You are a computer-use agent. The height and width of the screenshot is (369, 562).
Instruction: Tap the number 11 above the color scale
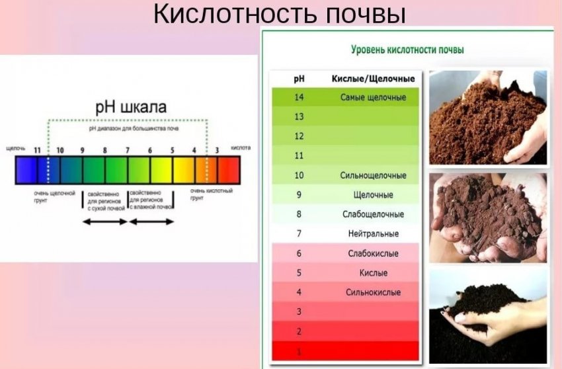tap(38, 151)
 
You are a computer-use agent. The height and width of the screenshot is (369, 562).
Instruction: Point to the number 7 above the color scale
tap(128, 151)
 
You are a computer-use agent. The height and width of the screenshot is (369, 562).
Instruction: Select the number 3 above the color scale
tap(216, 151)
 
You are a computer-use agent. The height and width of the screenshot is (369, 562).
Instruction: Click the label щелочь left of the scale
tap(15, 148)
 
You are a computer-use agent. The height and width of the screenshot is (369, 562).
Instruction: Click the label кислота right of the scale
tap(240, 148)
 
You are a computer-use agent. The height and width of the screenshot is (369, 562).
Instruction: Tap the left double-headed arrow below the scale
tap(104, 222)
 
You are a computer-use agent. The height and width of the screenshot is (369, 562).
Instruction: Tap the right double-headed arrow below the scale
tap(151, 222)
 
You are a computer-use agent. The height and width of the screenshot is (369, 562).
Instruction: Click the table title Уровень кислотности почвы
tap(406, 50)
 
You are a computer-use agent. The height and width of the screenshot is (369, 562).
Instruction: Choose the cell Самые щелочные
tap(373, 97)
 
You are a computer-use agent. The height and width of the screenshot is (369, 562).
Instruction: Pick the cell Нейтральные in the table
tap(373, 233)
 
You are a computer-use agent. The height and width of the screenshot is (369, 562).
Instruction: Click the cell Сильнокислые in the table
tap(373, 292)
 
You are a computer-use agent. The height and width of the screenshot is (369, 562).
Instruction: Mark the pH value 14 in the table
tap(298, 97)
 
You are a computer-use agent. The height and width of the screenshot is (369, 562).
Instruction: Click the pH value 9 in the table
tap(298, 194)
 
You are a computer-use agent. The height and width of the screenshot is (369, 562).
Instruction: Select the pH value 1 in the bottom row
tap(298, 350)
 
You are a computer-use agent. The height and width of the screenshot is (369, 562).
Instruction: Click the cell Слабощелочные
tap(373, 214)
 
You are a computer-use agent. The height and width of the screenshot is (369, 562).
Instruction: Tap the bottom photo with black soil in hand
tap(488, 315)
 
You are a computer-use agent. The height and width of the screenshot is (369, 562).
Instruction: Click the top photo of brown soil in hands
tap(488, 117)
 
